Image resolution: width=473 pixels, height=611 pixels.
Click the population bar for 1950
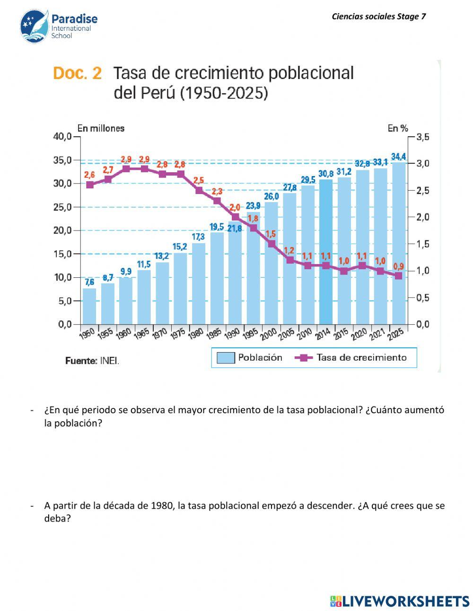pos(89,306)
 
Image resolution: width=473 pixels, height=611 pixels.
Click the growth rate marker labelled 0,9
pos(399,276)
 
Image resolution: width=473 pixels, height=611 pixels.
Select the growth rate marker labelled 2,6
pos(90,185)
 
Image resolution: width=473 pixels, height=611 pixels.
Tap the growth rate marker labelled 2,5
pos(199,191)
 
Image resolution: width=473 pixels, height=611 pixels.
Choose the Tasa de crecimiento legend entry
pos(350,358)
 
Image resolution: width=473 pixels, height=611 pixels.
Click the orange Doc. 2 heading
pos(78,73)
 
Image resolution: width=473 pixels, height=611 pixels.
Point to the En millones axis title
pos(101,128)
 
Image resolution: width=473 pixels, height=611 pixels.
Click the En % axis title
pos(398,128)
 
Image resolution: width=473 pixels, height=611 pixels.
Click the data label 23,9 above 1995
pos(254,205)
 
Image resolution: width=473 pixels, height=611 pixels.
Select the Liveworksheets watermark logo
pos(400,601)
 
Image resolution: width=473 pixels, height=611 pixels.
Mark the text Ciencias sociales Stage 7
pos(379,17)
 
